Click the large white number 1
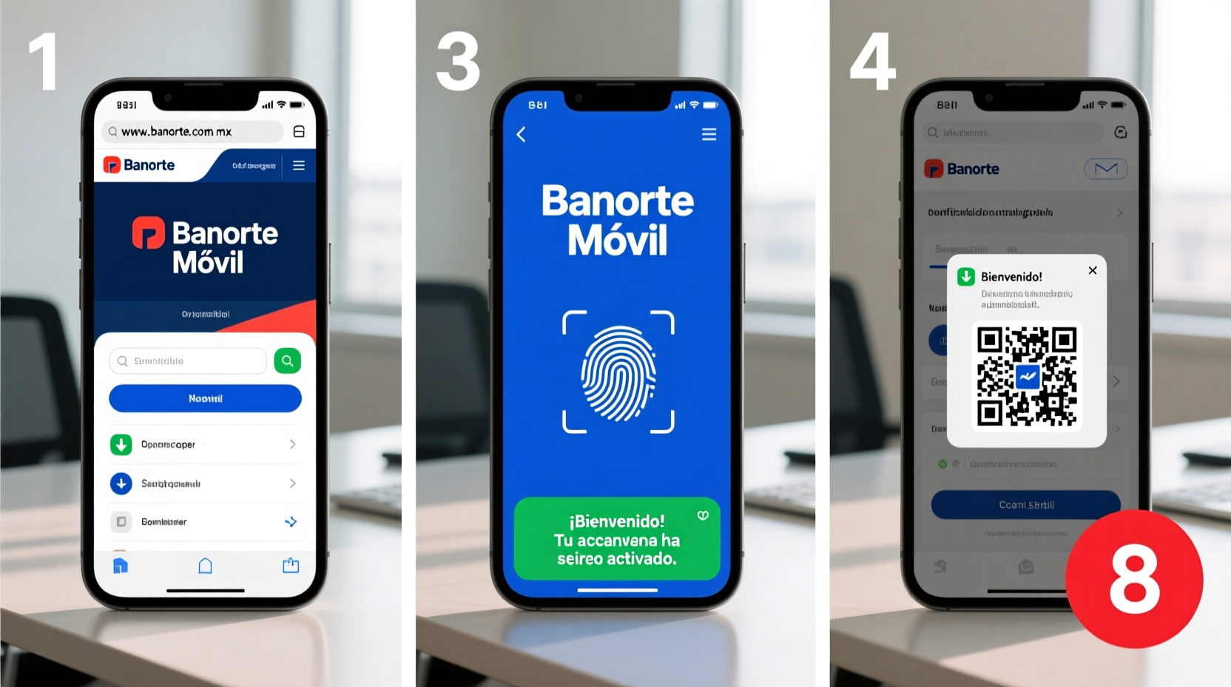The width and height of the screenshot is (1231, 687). point(44,62)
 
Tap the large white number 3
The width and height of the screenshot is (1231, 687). point(458,62)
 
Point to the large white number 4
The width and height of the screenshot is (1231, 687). point(873,62)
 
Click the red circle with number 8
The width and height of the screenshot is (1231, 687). point(1133,579)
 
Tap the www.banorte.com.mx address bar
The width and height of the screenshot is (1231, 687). point(192,132)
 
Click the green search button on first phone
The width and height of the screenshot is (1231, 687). point(287,361)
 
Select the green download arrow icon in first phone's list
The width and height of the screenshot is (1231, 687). point(121,444)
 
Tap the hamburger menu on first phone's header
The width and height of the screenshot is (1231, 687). point(299,165)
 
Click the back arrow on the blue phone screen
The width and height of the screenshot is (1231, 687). point(521,134)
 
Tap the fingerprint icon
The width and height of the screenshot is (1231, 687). point(618,372)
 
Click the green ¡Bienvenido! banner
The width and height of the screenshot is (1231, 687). point(617,539)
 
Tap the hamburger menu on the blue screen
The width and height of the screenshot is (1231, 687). point(709,134)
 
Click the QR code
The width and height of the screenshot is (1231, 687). point(1027,376)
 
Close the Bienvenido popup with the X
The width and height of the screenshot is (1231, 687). point(1093,270)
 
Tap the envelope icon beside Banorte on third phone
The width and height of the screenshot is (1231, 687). point(1106,169)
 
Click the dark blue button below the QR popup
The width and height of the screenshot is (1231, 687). point(1026,505)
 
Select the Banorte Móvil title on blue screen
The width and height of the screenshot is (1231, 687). point(618,220)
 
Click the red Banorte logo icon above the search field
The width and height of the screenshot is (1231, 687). point(148,233)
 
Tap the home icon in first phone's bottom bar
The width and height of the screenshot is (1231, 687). point(206,566)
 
